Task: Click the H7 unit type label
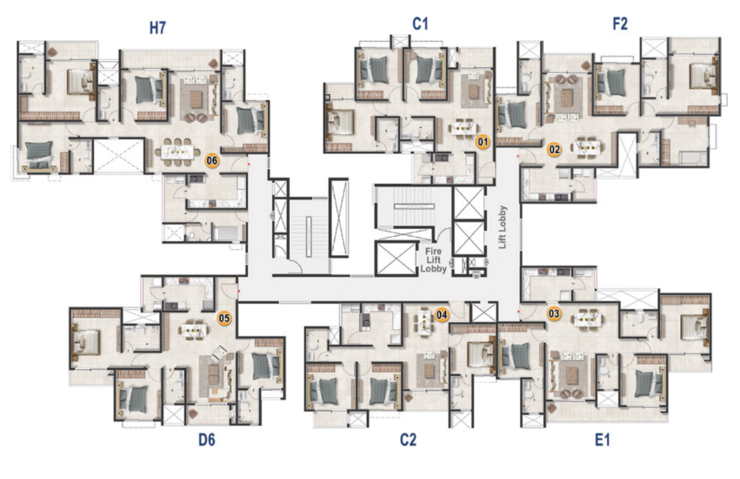click(158, 28)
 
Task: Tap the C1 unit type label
click(420, 24)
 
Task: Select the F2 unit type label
click(620, 24)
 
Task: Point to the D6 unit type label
click(207, 440)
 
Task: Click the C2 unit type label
click(408, 440)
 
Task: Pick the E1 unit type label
click(602, 440)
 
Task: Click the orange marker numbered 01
click(483, 141)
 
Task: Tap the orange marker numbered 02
click(554, 150)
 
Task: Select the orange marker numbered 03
click(554, 314)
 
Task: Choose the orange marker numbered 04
click(442, 314)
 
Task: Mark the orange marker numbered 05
click(224, 318)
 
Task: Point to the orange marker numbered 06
click(212, 160)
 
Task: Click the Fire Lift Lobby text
click(433, 260)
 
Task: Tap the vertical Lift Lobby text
click(502, 226)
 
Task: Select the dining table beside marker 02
click(586, 147)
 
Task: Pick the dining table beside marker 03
click(587, 319)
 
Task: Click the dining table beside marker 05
click(194, 328)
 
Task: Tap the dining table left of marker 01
click(463, 128)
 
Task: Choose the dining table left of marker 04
click(424, 321)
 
